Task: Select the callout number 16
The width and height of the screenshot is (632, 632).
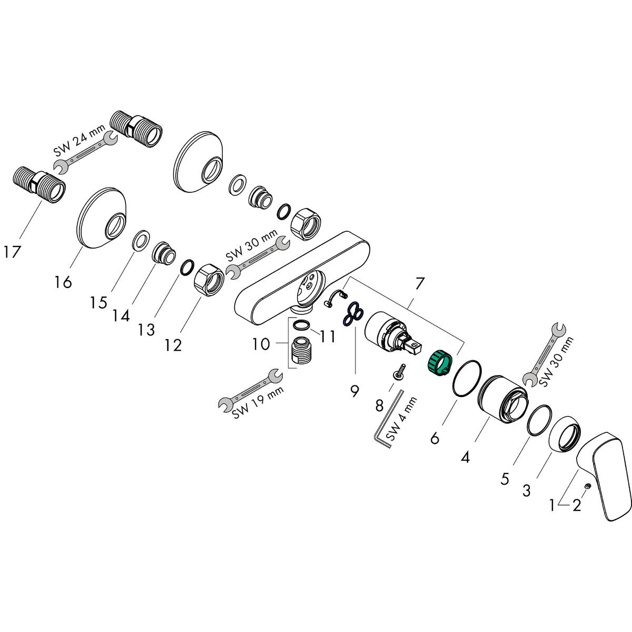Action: point(63,282)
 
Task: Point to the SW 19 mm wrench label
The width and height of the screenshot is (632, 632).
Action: point(258,403)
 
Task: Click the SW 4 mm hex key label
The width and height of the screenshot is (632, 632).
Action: point(401,419)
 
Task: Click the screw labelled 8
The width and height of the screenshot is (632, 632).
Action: point(400,372)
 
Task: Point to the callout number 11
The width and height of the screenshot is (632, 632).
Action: point(328,337)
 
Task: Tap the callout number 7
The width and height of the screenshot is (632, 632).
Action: point(419,284)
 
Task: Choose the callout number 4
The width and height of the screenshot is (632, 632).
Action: point(465,457)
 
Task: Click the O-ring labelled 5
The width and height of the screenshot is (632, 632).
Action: point(539,420)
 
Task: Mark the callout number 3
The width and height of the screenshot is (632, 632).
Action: point(526,491)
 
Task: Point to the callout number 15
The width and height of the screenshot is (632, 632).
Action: point(98,302)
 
